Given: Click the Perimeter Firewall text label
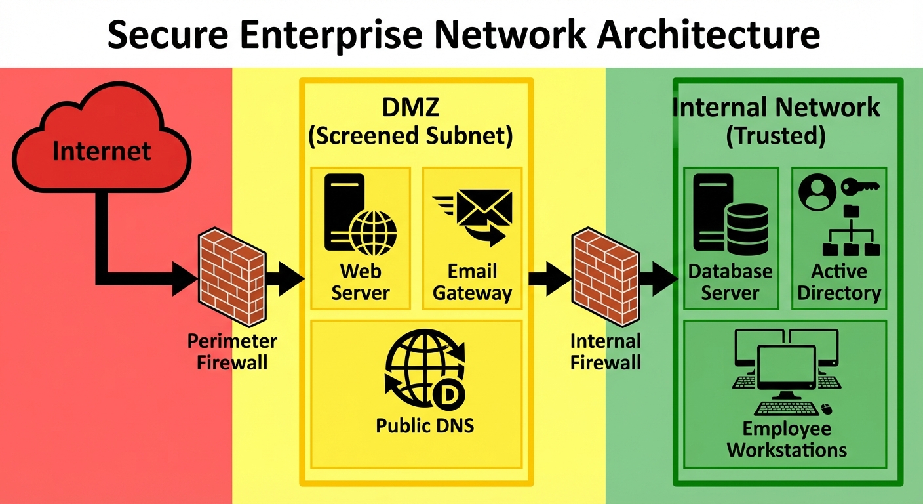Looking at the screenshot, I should [x=232, y=352].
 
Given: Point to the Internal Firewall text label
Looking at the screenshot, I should [x=605, y=352].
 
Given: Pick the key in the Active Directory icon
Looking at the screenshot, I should [x=859, y=186].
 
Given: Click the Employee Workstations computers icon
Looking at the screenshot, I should [x=785, y=371].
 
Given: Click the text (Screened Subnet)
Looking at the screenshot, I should [x=410, y=136].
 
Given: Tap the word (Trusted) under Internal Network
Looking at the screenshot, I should [x=776, y=136].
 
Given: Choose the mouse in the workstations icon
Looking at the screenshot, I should [x=827, y=409].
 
